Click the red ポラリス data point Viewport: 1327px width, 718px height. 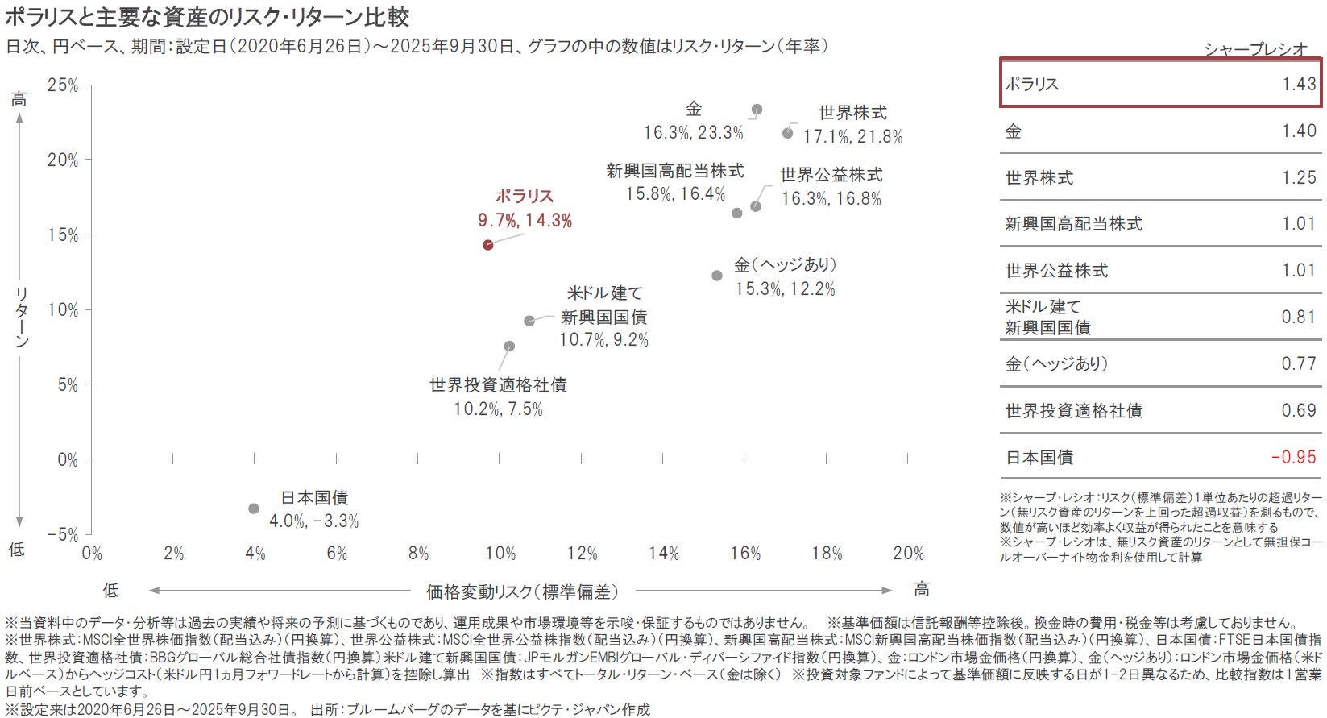487,244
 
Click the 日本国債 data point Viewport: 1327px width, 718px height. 254,508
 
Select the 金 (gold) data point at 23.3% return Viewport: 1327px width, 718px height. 757,110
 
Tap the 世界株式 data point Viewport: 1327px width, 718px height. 788,133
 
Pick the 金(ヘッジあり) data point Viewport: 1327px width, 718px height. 717,276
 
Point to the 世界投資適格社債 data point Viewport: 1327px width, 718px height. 509,347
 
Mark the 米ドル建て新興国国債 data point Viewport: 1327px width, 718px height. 529,321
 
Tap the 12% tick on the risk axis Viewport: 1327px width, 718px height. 582,554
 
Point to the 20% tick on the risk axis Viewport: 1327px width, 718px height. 908,554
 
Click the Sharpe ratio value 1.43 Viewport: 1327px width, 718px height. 1298,84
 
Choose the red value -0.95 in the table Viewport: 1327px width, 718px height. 1293,457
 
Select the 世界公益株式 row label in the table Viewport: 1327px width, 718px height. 1056,271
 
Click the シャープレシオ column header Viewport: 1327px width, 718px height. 1255,49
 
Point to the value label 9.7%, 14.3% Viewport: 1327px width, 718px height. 525,221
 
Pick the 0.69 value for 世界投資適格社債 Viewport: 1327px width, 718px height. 1298,410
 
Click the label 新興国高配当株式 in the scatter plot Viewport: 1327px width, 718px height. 675,171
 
